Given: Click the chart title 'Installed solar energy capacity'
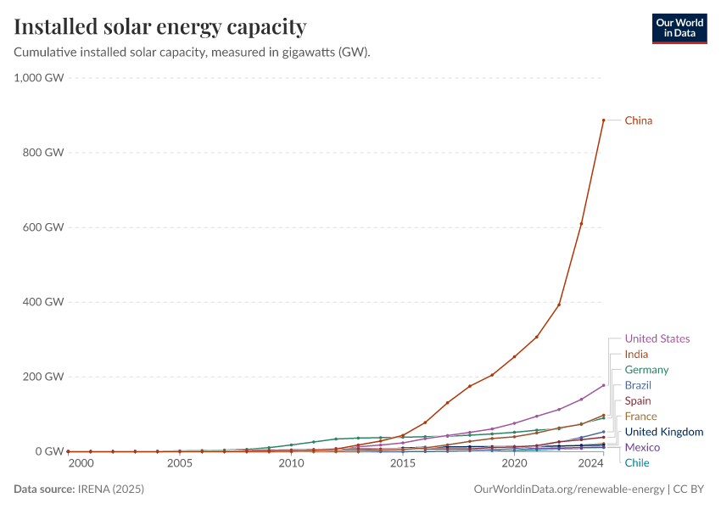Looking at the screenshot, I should pyautogui.click(x=159, y=27).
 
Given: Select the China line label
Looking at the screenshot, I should pyautogui.click(x=639, y=120).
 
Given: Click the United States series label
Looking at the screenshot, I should pyautogui.click(x=657, y=338).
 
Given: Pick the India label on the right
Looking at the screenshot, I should pyautogui.click(x=636, y=354).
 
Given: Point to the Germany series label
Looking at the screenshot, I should pyautogui.click(x=646, y=370).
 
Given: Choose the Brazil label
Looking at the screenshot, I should pyautogui.click(x=638, y=385).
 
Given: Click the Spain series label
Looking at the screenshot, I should pyautogui.click(x=638, y=400).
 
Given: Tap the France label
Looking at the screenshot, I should pyautogui.click(x=640, y=417).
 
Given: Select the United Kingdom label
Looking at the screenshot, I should pyautogui.click(x=664, y=432).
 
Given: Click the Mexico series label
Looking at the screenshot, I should pyautogui.click(x=642, y=447).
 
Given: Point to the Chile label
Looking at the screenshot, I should pyautogui.click(x=637, y=462).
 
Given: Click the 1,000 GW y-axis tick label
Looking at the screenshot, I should pyautogui.click(x=39, y=78).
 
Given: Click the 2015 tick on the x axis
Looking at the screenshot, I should pyautogui.click(x=403, y=464).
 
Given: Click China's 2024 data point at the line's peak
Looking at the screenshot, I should pyautogui.click(x=603, y=120).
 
